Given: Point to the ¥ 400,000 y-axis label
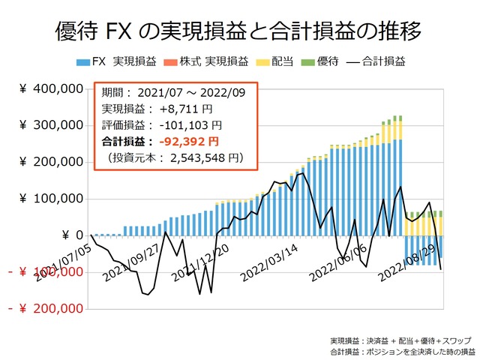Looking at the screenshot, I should coord(51,89).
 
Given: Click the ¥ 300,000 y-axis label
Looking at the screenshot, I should coord(51,125).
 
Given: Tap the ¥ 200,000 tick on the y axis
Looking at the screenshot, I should coord(51,162).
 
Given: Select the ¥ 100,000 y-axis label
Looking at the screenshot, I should coord(51,199).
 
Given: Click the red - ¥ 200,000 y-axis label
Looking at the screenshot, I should coord(45,308).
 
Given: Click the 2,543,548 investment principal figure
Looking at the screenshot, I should coord(199,157).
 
